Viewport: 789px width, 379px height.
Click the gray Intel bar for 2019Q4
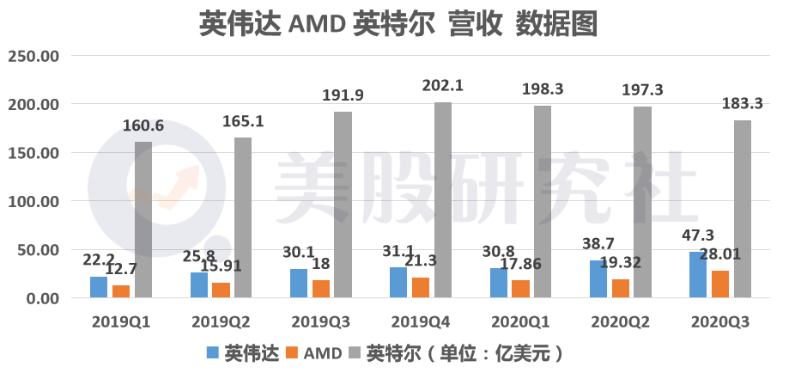point(442,200)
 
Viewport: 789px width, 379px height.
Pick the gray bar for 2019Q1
point(143,220)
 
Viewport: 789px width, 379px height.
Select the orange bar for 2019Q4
point(421,288)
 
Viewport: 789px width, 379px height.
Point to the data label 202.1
point(443,86)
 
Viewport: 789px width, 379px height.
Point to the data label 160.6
point(143,126)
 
